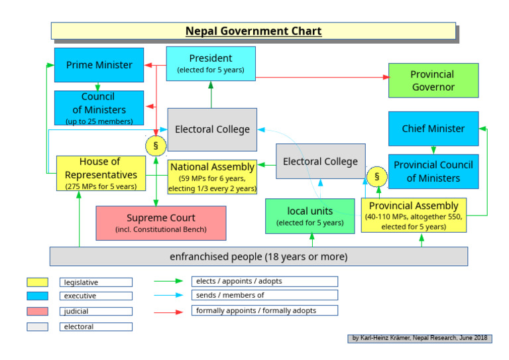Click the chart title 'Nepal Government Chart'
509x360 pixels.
click(x=253, y=31)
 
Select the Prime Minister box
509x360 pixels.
click(x=99, y=65)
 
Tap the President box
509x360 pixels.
click(x=211, y=64)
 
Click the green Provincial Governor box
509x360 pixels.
click(x=433, y=81)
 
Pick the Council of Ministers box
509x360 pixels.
click(x=99, y=108)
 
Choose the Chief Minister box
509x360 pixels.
click(x=433, y=129)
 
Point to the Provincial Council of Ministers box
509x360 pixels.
click(x=433, y=171)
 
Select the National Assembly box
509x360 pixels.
click(x=212, y=177)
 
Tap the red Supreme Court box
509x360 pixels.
click(x=160, y=223)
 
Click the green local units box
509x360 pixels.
click(x=310, y=216)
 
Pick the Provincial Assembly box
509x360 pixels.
click(x=414, y=215)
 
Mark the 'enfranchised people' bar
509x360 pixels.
click(x=258, y=257)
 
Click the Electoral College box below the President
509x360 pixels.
click(x=212, y=130)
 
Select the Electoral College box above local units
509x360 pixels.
click(x=320, y=162)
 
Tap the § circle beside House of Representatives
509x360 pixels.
click(x=156, y=145)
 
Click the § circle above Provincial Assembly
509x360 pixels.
click(x=376, y=177)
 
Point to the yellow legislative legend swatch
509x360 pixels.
click(x=36, y=282)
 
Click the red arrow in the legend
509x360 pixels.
click(x=168, y=311)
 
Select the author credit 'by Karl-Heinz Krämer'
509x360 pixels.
click(x=420, y=338)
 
